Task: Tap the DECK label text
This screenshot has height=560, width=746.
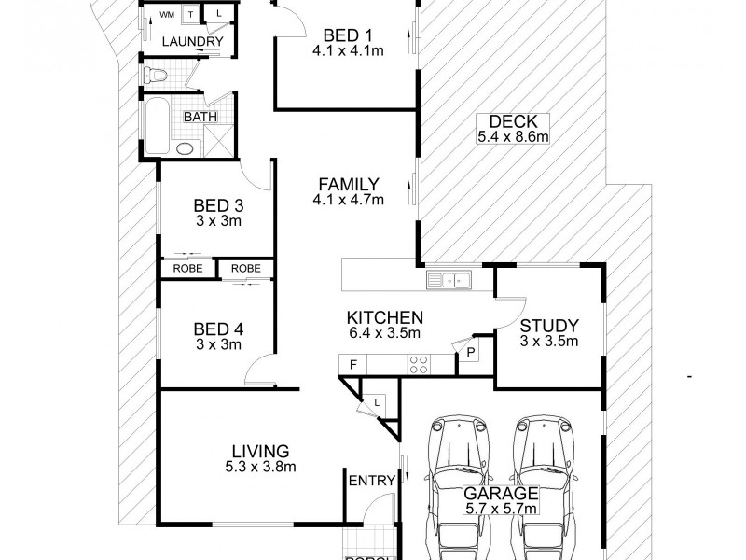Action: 512,120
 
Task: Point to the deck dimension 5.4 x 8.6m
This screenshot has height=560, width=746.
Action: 512,136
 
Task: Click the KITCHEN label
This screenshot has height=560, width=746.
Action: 384,317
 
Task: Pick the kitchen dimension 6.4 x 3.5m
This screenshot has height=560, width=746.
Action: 384,333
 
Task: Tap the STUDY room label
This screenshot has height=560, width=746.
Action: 548,326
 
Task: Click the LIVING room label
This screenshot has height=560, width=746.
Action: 262,451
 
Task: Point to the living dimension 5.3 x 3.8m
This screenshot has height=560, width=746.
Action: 262,467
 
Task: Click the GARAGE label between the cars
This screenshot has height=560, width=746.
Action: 503,494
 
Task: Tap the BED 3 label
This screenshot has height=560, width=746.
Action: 218,205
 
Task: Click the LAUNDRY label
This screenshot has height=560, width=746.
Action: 191,42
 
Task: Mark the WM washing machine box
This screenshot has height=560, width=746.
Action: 167,15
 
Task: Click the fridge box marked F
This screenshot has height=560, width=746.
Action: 352,363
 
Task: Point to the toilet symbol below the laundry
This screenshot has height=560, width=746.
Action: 155,74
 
